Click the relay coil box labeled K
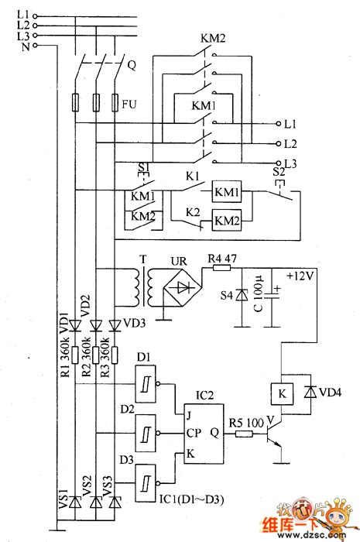[279, 393]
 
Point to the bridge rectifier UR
[181, 286]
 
